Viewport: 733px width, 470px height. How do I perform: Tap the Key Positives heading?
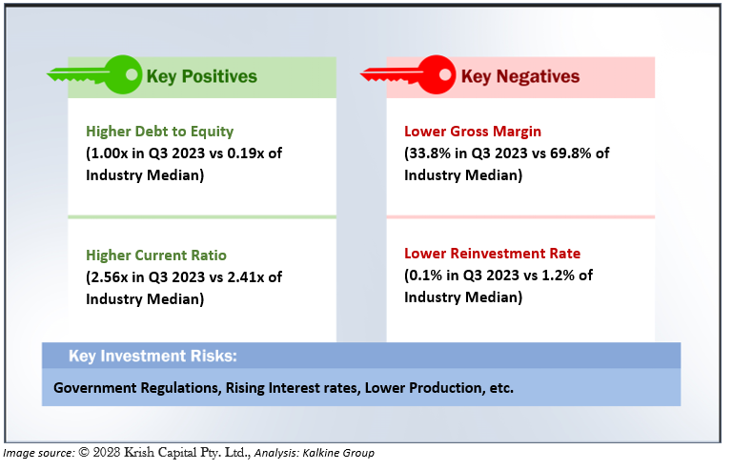(x=201, y=76)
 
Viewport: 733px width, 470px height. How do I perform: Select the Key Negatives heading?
(x=520, y=76)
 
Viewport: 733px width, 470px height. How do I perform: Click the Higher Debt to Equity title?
(x=159, y=132)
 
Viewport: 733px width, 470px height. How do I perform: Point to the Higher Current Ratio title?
(x=156, y=255)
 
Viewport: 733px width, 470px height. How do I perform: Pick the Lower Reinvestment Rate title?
(x=492, y=254)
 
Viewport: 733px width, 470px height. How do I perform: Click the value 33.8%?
(x=433, y=153)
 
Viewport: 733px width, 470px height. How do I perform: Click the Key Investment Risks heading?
(x=153, y=357)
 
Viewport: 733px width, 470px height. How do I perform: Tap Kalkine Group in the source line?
(x=347, y=454)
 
